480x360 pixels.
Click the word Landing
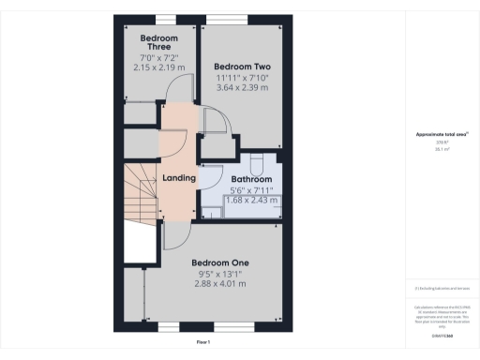pyautogui.click(x=179, y=177)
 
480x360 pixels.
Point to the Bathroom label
pyautogui.click(x=251, y=178)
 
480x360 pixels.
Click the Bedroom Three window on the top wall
pyautogui.click(x=165, y=18)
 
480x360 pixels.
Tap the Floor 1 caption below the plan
pyautogui.click(x=202, y=342)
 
